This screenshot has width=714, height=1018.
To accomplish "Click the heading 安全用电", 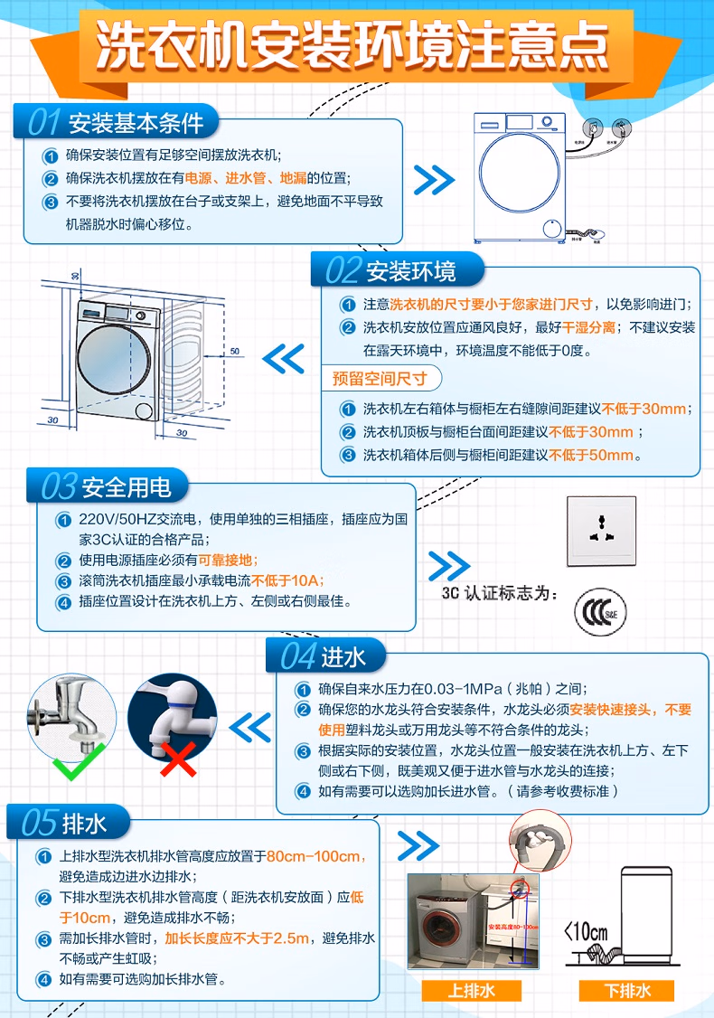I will click(126, 487).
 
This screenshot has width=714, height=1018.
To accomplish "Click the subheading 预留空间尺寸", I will click(379, 378).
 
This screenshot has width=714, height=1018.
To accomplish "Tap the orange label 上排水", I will click(472, 990).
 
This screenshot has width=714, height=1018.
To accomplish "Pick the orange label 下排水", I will click(627, 990).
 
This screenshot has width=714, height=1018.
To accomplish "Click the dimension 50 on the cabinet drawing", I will click(234, 351).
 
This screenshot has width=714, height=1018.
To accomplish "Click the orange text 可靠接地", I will click(229, 560).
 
